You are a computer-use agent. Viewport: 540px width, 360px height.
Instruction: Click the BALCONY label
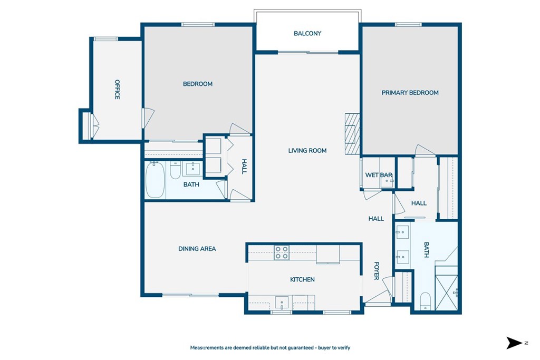[307, 33]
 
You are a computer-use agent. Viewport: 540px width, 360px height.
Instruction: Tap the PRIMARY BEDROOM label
[410, 93]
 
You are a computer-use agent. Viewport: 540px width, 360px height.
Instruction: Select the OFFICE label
[117, 90]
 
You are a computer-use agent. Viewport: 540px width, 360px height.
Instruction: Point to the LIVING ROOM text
[307, 150]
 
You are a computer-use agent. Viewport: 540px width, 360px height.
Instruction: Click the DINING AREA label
[197, 248]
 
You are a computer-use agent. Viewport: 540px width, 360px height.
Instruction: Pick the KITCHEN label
[302, 279]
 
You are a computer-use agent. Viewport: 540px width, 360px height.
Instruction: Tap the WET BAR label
[379, 175]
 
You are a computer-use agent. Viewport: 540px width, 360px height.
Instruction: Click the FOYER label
[377, 271]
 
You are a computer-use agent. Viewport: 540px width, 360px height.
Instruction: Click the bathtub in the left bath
[155, 180]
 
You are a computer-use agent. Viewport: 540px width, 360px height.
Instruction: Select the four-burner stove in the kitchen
[282, 252]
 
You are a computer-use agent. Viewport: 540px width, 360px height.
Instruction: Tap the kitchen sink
[282, 303]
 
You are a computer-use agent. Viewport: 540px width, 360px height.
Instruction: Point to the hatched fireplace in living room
[352, 133]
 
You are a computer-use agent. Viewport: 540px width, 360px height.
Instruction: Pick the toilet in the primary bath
[426, 301]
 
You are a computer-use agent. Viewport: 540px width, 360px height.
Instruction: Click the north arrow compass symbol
[514, 343]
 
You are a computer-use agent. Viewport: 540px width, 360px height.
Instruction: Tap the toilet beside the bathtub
[175, 170]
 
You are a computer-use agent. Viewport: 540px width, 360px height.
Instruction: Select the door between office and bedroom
[148, 118]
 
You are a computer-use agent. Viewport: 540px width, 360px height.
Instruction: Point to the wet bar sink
[387, 181]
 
